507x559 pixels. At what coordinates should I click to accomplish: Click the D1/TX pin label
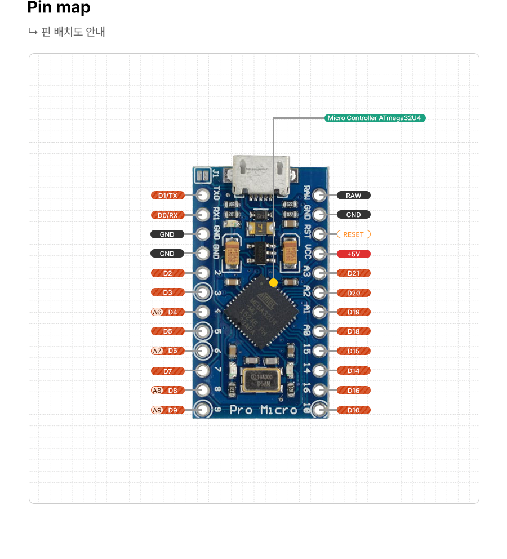pyautogui.click(x=168, y=196)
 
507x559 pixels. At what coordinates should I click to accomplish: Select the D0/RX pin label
pyautogui.click(x=168, y=215)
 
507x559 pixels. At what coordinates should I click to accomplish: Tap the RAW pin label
pyautogui.click(x=354, y=196)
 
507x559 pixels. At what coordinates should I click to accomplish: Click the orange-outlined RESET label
pyautogui.click(x=354, y=234)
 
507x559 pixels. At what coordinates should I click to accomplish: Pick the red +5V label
pyautogui.click(x=354, y=254)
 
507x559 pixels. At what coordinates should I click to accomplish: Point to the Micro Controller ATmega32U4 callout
pyautogui.click(x=375, y=118)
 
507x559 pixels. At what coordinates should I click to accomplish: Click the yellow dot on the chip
pyautogui.click(x=273, y=282)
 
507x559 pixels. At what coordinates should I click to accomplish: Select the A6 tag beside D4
pyautogui.click(x=157, y=312)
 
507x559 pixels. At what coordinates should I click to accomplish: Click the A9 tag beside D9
pyautogui.click(x=157, y=410)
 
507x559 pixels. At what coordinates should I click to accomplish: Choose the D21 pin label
pyautogui.click(x=354, y=273)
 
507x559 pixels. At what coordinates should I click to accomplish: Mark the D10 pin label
pyautogui.click(x=354, y=410)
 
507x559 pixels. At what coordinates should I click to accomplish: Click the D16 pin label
pyautogui.click(x=354, y=390)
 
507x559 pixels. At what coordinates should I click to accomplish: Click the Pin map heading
pyautogui.click(x=59, y=8)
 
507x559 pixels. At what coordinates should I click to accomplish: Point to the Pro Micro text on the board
pyautogui.click(x=263, y=410)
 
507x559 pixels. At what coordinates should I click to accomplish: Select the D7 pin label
pyautogui.click(x=168, y=371)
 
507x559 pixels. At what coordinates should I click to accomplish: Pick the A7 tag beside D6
pyautogui.click(x=157, y=351)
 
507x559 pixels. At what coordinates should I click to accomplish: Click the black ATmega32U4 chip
pyautogui.click(x=261, y=312)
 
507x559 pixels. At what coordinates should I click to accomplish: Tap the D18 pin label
pyautogui.click(x=354, y=331)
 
